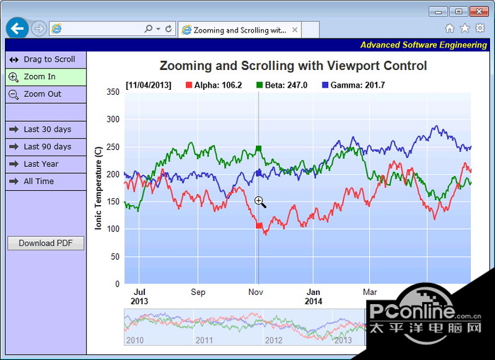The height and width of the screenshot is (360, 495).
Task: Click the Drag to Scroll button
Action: click(45, 59)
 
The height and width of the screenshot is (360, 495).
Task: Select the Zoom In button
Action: click(45, 76)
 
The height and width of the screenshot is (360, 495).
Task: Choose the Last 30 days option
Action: click(45, 129)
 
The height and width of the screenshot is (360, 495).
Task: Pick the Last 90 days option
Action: click(45, 146)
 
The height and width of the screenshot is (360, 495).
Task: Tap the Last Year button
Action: click(45, 163)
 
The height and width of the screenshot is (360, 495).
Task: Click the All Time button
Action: click(45, 181)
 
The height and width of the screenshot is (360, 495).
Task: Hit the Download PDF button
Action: click(45, 243)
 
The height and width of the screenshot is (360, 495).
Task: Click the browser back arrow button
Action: click(18, 28)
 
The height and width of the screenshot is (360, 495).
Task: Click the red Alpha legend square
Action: click(189, 85)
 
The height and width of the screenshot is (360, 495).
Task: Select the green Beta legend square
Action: click(260, 85)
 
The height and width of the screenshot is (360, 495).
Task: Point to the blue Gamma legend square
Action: click(325, 85)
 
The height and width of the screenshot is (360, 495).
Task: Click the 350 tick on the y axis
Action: click(112, 92)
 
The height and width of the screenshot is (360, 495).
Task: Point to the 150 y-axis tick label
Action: click(112, 202)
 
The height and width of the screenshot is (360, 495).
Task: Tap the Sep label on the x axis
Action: click(198, 292)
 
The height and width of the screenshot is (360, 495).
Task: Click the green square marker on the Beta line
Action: click(259, 149)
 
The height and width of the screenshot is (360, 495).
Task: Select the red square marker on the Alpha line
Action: click(260, 226)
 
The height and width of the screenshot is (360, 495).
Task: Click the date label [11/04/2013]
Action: click(148, 85)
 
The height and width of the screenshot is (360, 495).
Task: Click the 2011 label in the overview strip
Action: click(204, 340)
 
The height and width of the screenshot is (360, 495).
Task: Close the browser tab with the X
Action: click(294, 30)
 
